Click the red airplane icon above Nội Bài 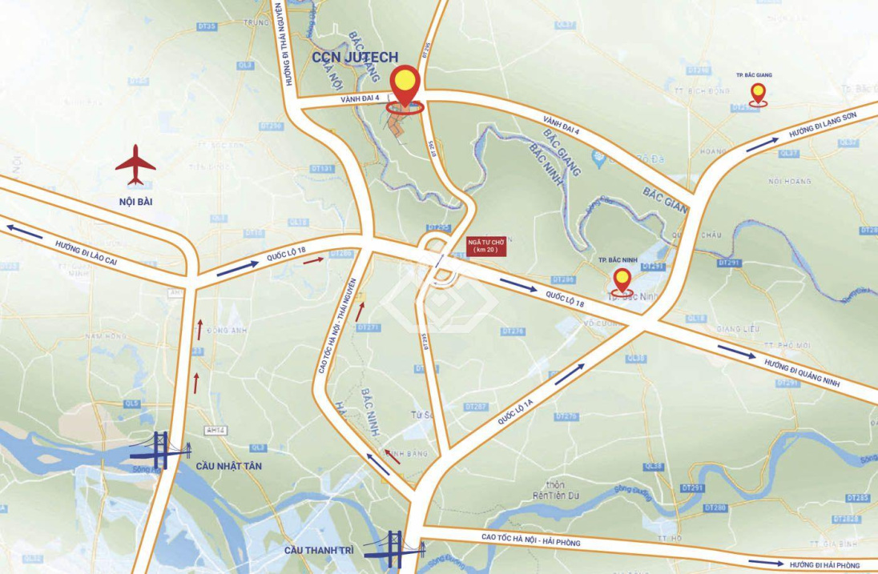135,165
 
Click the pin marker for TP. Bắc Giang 758,94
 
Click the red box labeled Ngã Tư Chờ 484,246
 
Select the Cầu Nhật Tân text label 229,465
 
